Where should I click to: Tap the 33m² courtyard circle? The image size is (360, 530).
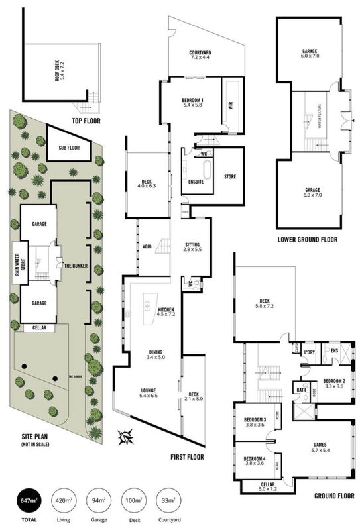(166, 500)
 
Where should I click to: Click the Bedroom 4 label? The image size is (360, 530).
(254, 461)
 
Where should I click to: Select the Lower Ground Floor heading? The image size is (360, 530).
(308, 239)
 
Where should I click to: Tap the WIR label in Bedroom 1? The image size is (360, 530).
(230, 105)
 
